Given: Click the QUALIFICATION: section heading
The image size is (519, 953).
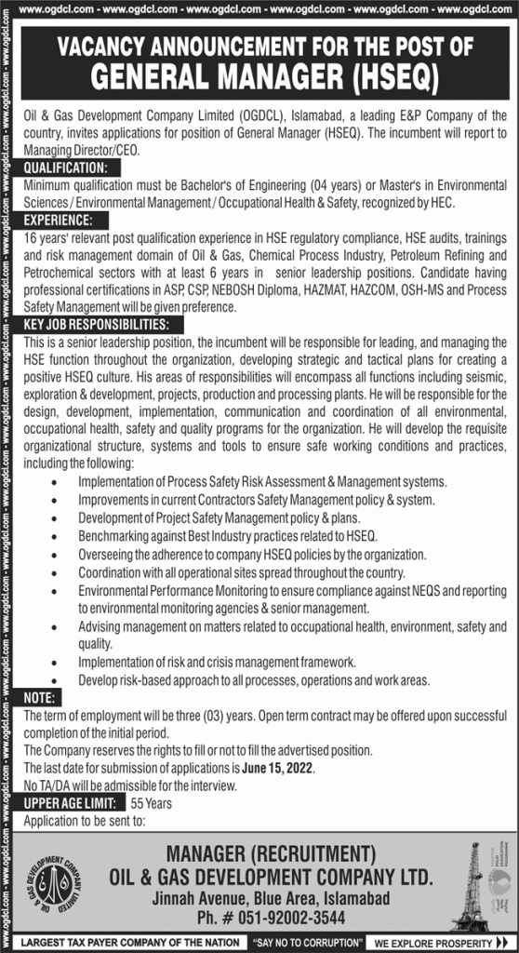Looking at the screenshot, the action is [66, 168].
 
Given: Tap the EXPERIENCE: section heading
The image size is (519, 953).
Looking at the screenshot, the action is [59, 221].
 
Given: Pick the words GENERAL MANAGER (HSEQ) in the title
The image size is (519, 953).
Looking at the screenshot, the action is [264, 80].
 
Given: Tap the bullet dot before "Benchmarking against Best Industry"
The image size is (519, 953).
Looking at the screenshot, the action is [59, 537].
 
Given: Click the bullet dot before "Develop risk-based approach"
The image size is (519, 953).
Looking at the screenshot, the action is [59, 680].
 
